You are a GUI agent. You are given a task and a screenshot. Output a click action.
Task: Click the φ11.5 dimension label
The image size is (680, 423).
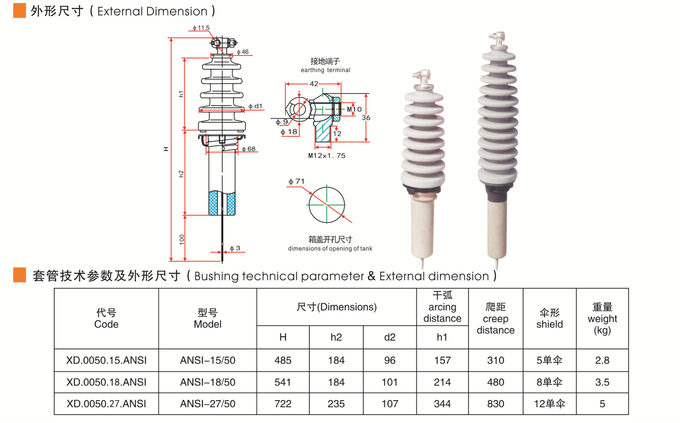(201, 28)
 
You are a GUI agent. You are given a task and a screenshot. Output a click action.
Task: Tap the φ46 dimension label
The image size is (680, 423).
(243, 52)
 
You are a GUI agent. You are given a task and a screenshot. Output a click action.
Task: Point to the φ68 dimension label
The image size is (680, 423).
(249, 149)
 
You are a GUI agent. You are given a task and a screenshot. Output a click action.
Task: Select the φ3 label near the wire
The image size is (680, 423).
(235, 248)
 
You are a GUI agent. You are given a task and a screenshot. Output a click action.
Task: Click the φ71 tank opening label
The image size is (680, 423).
(296, 181)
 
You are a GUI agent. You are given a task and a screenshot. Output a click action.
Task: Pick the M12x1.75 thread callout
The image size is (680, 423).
(327, 156)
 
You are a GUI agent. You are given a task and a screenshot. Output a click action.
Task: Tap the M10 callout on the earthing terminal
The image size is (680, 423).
(354, 109)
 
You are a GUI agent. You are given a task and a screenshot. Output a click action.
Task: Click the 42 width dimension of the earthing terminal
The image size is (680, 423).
(314, 84)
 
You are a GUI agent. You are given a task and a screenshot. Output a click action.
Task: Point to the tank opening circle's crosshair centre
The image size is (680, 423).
(327, 205)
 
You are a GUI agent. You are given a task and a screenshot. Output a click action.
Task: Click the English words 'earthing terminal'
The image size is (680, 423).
(325, 70)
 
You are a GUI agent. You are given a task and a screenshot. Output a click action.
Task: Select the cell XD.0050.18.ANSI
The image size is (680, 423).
(106, 382)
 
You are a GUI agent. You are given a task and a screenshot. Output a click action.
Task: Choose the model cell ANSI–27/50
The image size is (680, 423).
(208, 404)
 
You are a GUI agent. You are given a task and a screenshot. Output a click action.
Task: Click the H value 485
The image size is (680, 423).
(283, 360)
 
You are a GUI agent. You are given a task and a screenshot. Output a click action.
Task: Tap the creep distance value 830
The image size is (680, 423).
(496, 404)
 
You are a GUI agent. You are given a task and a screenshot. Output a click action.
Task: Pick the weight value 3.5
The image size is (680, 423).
(602, 382)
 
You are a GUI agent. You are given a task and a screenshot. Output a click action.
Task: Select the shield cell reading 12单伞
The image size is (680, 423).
(549, 404)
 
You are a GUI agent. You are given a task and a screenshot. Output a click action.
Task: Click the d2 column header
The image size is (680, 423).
(389, 337)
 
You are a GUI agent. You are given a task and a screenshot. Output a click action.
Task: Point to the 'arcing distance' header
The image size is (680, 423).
(442, 312)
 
